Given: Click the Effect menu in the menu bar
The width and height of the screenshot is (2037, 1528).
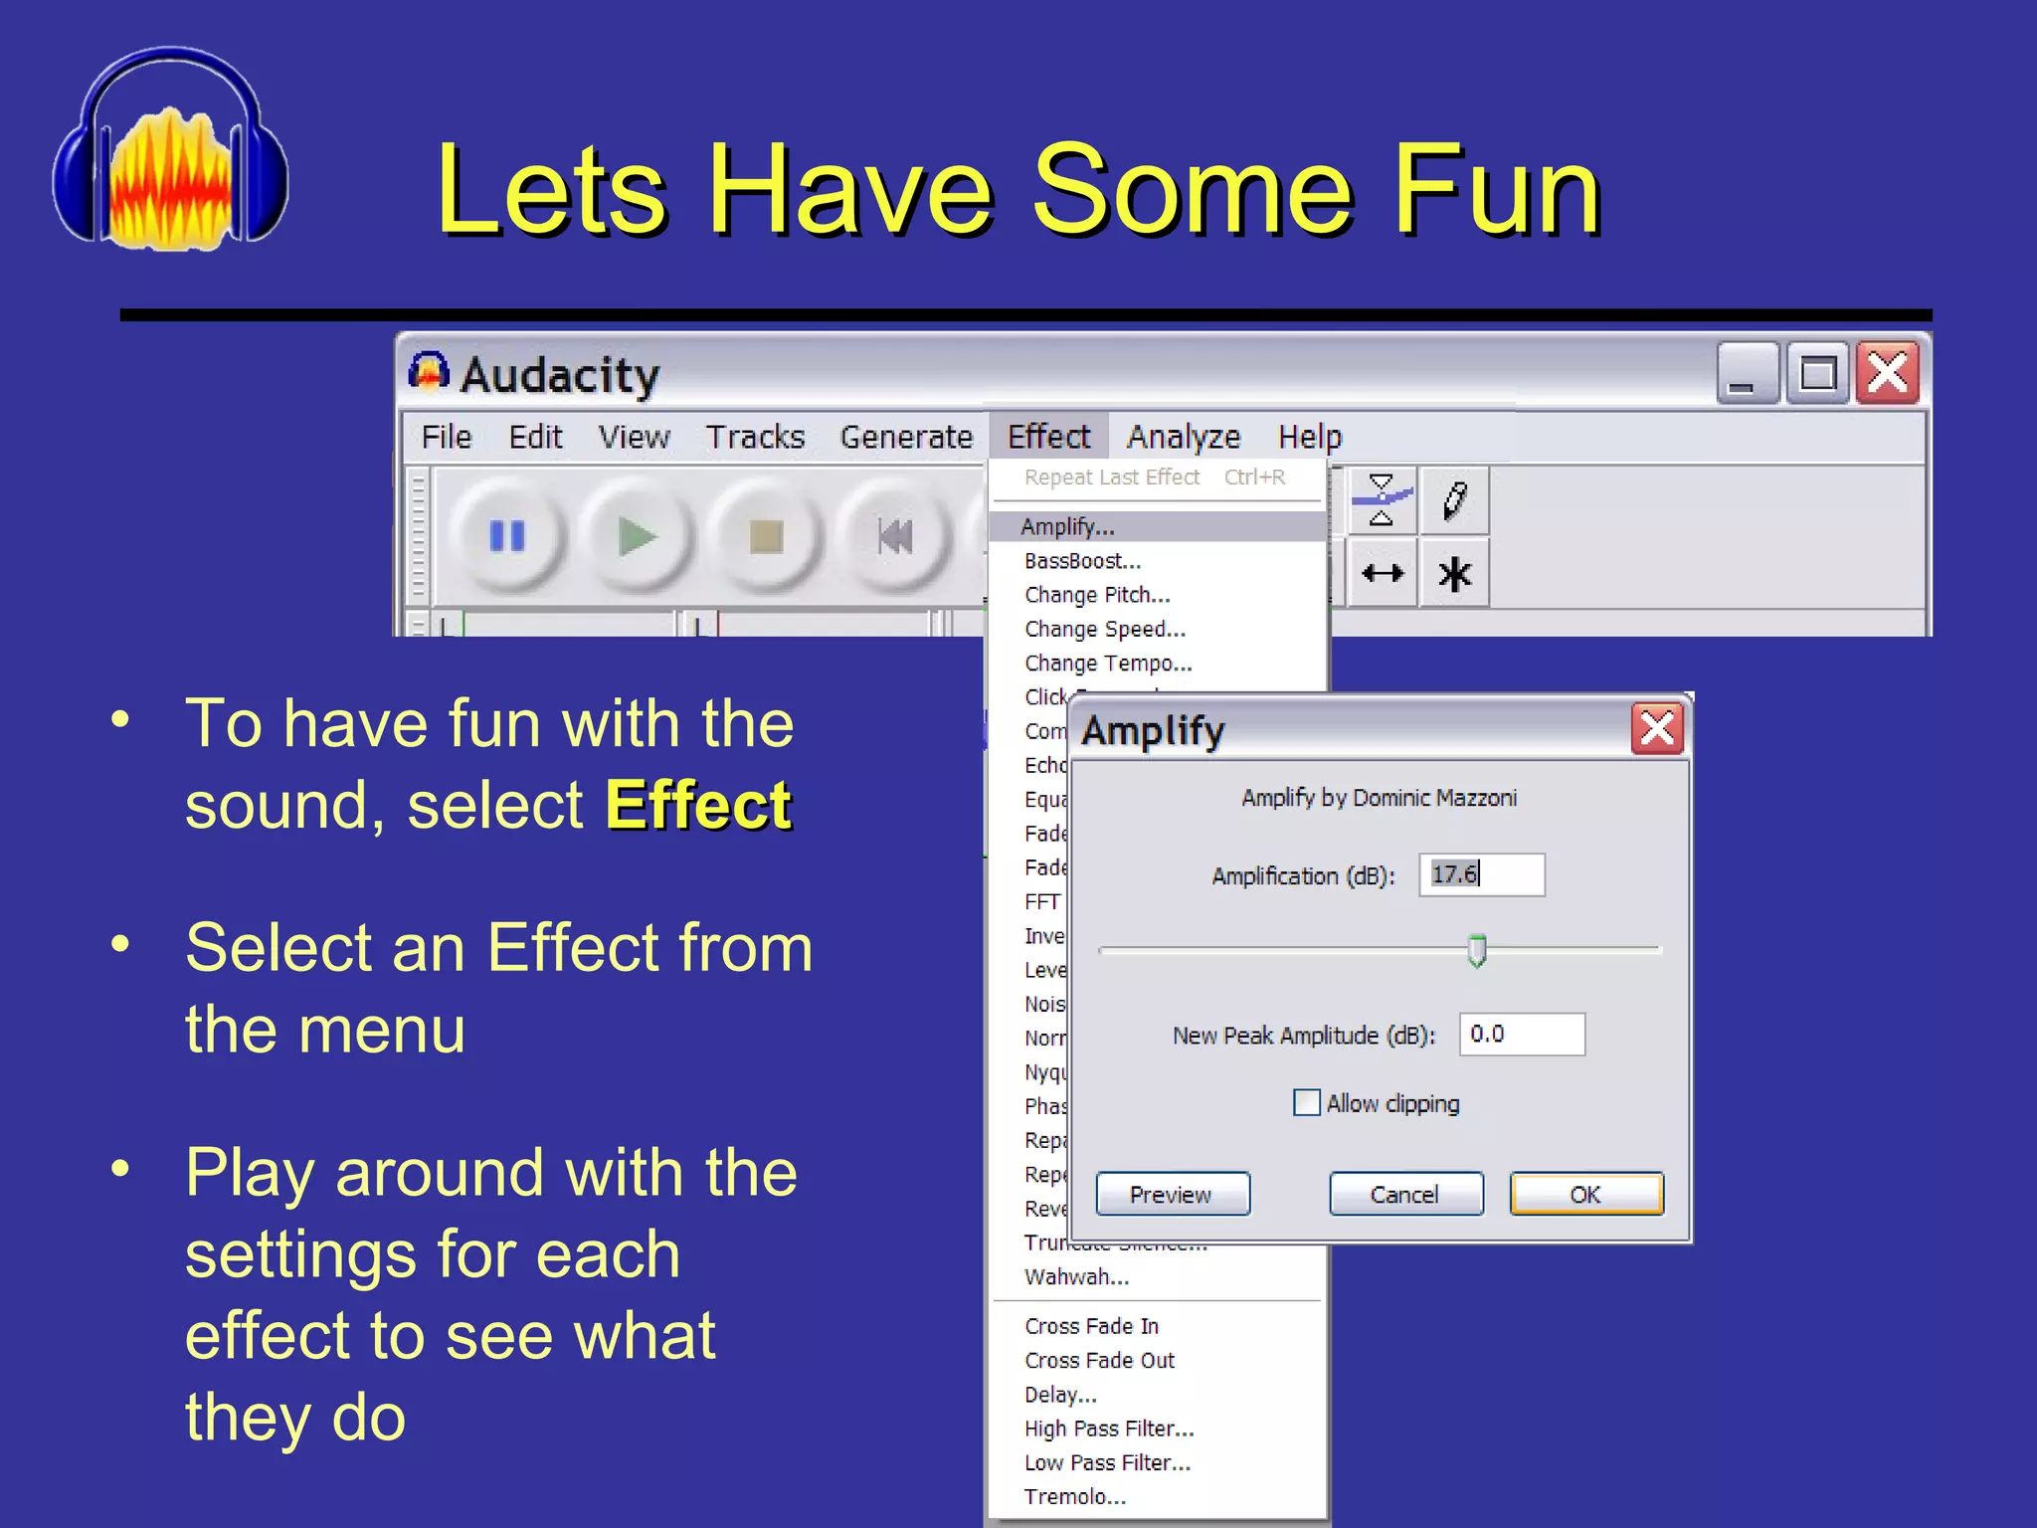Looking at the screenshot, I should pos(1047,436).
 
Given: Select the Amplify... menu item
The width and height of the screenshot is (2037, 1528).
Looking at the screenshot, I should pos(1067,526).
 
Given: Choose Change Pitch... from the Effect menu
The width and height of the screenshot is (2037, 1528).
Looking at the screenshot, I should pos(1097,595).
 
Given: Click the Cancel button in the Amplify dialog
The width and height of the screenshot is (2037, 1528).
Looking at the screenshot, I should pos(1404,1194).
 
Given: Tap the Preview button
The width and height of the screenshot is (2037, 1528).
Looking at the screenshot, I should pos(1172,1194).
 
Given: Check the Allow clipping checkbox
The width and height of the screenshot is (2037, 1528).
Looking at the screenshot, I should pos(1306,1102).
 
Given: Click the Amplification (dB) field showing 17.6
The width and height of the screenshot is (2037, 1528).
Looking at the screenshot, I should pos(1481,874).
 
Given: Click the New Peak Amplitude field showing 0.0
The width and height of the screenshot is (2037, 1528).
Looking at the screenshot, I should pos(1521,1034).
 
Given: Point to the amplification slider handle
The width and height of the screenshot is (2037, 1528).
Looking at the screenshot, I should pos(1477,950).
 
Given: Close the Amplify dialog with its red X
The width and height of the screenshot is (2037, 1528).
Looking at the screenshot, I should pos(1656,729).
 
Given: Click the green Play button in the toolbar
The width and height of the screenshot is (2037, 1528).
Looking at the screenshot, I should pos(637,537).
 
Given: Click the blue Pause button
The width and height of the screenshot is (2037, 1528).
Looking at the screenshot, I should pos(507,537).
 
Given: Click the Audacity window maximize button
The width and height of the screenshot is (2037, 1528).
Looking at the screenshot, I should pos(1817,375).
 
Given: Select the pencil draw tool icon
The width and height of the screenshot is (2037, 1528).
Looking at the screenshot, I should pos(1454,500).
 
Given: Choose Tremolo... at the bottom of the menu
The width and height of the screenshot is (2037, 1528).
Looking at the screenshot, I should pos(1074,1496).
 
